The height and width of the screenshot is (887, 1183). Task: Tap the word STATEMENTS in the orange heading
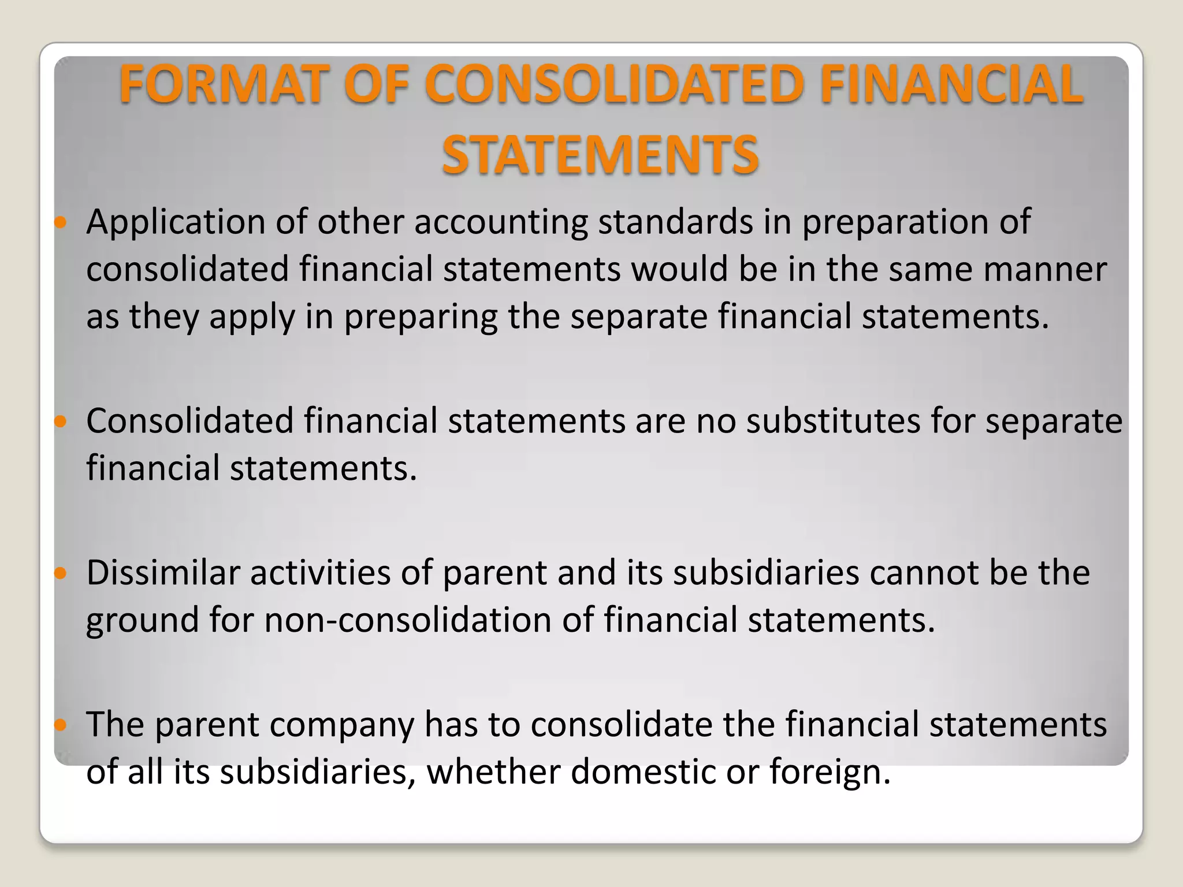coord(600,155)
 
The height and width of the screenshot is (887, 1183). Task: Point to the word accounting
coord(501,222)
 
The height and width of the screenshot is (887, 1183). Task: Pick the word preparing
coord(421,317)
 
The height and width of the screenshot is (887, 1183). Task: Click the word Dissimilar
coord(163,573)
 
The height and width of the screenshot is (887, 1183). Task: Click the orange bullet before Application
coord(61,222)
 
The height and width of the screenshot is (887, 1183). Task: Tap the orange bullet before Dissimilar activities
coord(61,573)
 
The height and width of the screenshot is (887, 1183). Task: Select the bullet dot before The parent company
coord(61,725)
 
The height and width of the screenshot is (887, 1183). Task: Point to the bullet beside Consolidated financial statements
coord(61,422)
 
